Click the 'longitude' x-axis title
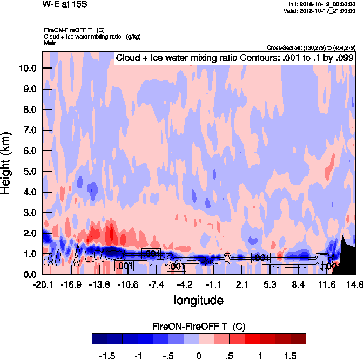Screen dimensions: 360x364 (x=198, y=300)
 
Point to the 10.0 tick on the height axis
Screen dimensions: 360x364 (x=26, y=69)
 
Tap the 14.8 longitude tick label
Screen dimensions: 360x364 (x=355, y=284)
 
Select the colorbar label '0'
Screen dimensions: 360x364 (x=199, y=356)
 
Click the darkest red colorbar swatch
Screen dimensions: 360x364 (x=298, y=339)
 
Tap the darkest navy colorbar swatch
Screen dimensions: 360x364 (x=100, y=339)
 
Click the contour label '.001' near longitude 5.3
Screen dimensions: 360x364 (x=261, y=258)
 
